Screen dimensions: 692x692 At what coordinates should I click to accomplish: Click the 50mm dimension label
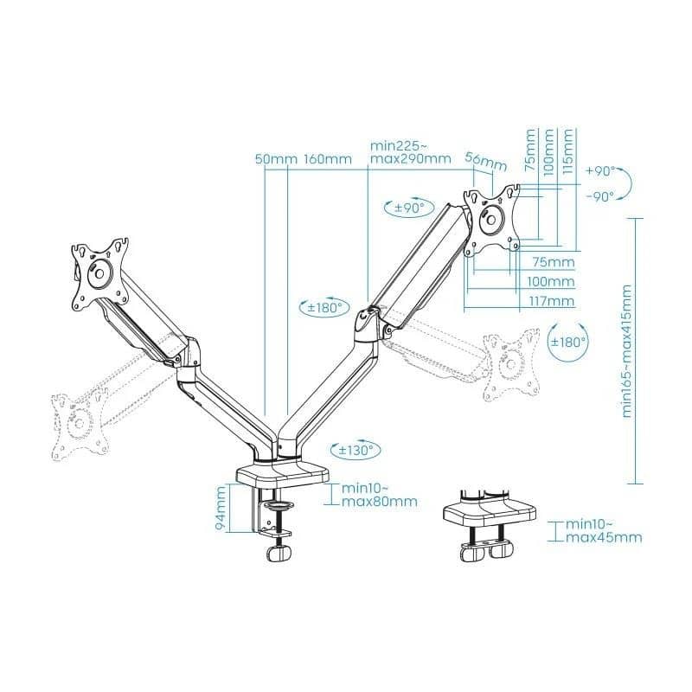point(276,159)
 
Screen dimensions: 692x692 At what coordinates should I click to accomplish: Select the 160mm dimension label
point(328,159)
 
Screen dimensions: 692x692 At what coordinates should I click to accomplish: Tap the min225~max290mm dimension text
point(410,152)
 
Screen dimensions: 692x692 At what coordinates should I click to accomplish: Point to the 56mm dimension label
point(486,162)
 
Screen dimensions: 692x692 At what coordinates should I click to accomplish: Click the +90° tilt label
point(600,171)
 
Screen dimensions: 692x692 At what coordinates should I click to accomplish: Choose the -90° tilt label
point(600,196)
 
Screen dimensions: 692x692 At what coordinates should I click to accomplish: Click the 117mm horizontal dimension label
point(553,301)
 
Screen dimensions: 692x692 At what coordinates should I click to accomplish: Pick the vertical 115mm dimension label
point(568,151)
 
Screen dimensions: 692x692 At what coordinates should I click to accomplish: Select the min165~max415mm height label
point(626,351)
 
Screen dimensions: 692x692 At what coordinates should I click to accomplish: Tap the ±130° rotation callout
point(356,450)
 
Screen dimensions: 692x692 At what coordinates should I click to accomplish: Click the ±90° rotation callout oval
point(409,208)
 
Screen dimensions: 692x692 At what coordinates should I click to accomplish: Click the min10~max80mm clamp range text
point(380,495)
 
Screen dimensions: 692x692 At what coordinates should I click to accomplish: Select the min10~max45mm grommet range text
point(604,531)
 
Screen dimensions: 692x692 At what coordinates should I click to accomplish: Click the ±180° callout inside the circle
point(567,342)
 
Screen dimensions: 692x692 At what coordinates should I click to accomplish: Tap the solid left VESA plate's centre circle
point(99,273)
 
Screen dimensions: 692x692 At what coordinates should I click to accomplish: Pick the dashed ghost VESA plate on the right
point(511,364)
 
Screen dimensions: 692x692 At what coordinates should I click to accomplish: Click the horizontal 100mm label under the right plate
point(551,282)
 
